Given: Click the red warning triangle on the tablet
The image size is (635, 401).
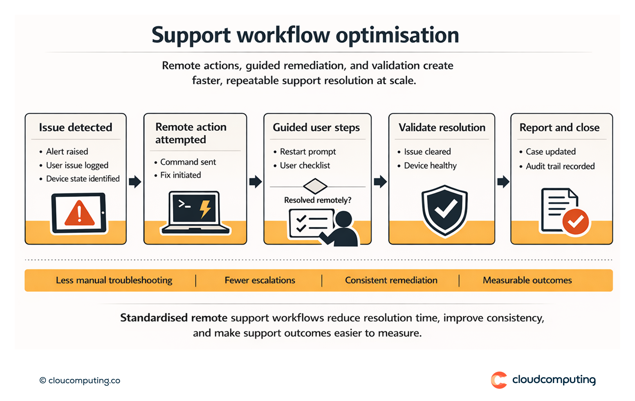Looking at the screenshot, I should (x=79, y=214).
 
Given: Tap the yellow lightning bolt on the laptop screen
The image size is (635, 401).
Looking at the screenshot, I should (x=205, y=208).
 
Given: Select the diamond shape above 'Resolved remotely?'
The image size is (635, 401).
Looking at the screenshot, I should (x=315, y=186).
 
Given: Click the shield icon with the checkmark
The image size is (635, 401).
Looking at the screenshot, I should (x=444, y=210).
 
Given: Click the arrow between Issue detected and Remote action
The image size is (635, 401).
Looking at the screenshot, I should (x=135, y=181).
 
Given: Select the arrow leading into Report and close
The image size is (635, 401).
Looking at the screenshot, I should (x=503, y=181).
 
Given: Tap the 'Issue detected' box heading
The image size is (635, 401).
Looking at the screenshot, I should (x=76, y=128).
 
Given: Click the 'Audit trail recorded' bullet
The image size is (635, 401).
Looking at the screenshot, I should (x=560, y=166).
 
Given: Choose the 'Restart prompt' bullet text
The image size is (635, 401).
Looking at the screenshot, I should (x=307, y=152).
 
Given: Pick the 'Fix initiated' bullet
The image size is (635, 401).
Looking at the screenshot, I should (x=180, y=175).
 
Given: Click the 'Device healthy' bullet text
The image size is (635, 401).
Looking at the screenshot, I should (x=430, y=166).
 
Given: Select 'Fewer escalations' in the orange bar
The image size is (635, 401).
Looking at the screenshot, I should (x=260, y=280).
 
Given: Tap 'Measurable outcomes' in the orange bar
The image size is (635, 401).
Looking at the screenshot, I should (x=527, y=280).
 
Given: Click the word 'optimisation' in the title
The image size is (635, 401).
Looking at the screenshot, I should (x=397, y=35).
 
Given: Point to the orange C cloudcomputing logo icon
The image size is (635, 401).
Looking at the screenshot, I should (x=499, y=380).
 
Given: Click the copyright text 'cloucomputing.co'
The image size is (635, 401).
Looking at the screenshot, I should (x=84, y=381).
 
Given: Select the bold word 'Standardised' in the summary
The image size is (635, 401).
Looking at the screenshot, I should (x=154, y=318).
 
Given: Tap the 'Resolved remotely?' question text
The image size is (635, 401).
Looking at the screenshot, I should (x=317, y=200).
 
